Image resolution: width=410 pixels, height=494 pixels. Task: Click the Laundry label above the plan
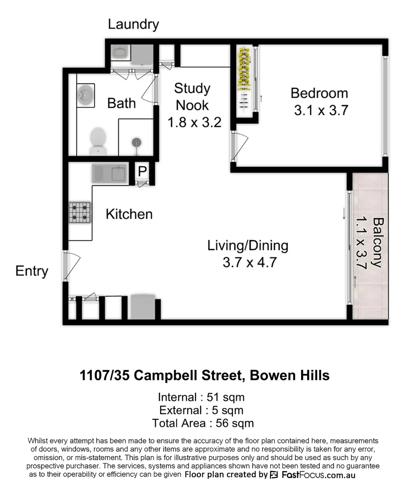click(133, 25)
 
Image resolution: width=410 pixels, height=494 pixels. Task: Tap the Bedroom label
click(319, 93)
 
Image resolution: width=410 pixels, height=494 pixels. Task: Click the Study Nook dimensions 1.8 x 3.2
click(194, 123)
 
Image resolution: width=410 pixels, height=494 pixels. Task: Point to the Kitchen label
click(129, 214)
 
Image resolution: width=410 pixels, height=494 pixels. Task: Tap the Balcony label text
click(377, 242)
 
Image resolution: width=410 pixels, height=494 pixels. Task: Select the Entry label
click(32, 271)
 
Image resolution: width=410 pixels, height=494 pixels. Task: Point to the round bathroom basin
click(85, 95)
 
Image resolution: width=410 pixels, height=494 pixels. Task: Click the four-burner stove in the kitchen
click(80, 213)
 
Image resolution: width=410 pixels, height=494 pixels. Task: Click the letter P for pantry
click(142, 172)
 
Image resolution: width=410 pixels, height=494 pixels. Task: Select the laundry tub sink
click(120, 53)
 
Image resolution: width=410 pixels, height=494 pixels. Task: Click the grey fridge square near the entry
click(142, 306)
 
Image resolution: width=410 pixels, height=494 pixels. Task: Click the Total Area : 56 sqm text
click(203, 423)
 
